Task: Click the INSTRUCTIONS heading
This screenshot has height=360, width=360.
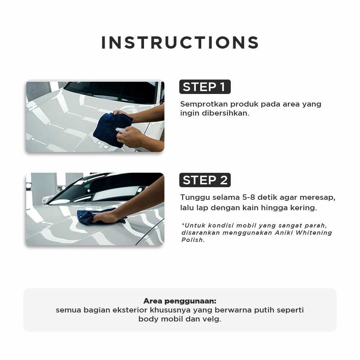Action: click(x=180, y=43)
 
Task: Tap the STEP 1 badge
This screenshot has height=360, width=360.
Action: click(x=205, y=87)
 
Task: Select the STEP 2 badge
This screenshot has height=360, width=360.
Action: click(x=205, y=180)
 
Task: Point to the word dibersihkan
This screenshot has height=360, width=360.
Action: click(x=225, y=113)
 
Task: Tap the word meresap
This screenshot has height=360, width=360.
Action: click(x=318, y=197)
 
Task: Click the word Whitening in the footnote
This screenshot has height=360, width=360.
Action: click(x=314, y=233)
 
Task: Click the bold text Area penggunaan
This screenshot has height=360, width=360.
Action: click(x=180, y=301)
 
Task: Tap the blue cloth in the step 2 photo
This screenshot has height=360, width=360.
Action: click(x=94, y=216)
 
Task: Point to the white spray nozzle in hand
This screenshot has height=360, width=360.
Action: click(x=120, y=130)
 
